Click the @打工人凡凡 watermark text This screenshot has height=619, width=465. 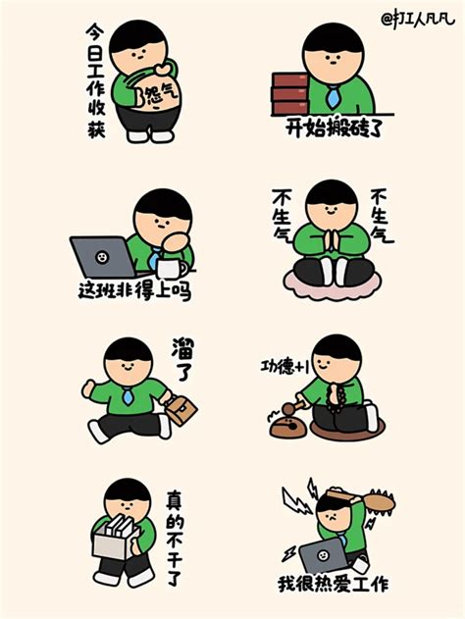coord(418,20)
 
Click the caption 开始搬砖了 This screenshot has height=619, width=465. coord(334,128)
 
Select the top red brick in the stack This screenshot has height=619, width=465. coord(290,79)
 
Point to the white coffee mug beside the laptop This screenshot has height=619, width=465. coord(172,269)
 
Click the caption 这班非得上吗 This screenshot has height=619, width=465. coord(134,291)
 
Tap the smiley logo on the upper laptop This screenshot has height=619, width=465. coord(102,257)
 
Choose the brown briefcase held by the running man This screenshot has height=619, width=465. coord(181,410)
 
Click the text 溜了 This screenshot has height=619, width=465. coord(182,359)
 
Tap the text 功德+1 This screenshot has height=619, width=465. coord(284,367)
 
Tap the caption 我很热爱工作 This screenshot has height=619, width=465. coord(334,585)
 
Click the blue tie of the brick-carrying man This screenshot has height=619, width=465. coord(333,98)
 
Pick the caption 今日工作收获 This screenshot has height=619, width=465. coord(96,80)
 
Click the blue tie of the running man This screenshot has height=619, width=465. coord(127,396)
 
